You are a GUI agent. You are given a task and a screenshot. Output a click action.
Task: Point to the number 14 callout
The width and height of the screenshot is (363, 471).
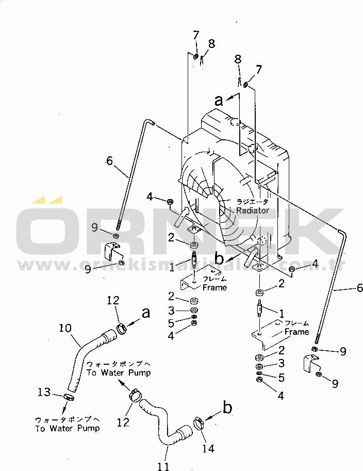tap(208, 449)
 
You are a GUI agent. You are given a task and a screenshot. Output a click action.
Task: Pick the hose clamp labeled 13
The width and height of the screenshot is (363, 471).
tap(68, 397)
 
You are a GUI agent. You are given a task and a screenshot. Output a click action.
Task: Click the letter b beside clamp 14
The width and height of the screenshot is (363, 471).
tap(227, 409)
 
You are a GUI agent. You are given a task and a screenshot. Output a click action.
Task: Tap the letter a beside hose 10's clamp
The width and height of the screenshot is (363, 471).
tap(146, 313)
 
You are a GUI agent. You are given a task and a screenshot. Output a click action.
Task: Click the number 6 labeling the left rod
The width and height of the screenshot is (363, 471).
tap(109, 161)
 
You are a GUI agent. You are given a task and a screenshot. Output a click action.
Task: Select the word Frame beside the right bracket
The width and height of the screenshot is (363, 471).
tap(297, 332)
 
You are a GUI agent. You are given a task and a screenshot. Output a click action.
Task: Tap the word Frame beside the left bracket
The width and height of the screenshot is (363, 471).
tap(214, 287)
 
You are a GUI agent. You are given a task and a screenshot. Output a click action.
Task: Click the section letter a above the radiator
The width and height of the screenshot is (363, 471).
tap(219, 101)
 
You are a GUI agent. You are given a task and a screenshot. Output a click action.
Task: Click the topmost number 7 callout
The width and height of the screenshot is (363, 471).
tap(196, 35)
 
